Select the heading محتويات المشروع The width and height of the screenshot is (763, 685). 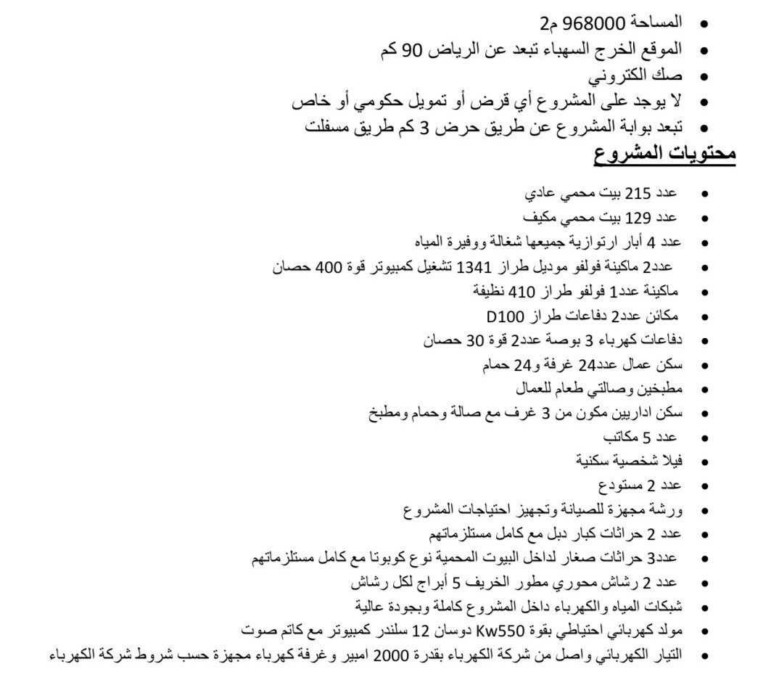(x=665, y=154)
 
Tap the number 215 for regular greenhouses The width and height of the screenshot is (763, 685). (x=638, y=194)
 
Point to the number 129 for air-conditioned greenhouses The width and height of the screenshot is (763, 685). (x=638, y=217)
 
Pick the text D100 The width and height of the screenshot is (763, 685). (x=503, y=316)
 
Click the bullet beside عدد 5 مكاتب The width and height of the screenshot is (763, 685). (x=704, y=438)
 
